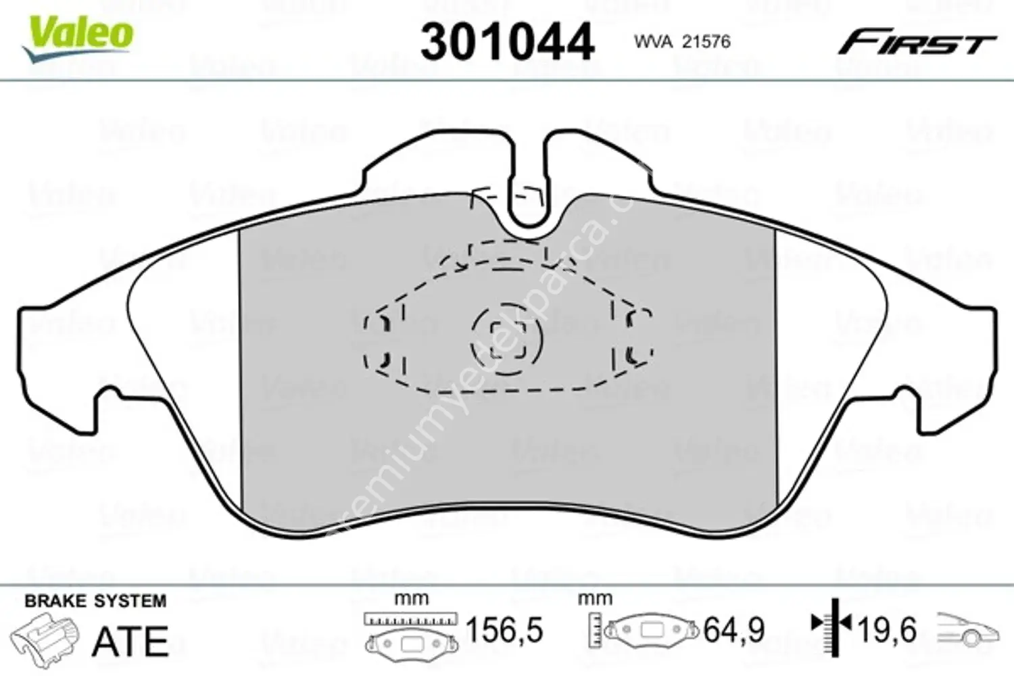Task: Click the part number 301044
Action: [x=507, y=42]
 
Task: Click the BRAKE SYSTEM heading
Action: [x=95, y=601]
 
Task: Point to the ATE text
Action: [x=130, y=642]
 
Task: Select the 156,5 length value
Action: [x=504, y=631]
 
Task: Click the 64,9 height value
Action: [x=734, y=631]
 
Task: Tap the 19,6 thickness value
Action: [x=887, y=631]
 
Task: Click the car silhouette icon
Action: [x=967, y=630]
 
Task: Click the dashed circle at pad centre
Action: [x=506, y=338]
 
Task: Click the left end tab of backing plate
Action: [x=41, y=345]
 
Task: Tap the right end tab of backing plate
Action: [x=973, y=345]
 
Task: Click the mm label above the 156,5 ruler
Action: [x=411, y=598]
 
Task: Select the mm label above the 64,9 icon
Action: [x=595, y=598]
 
